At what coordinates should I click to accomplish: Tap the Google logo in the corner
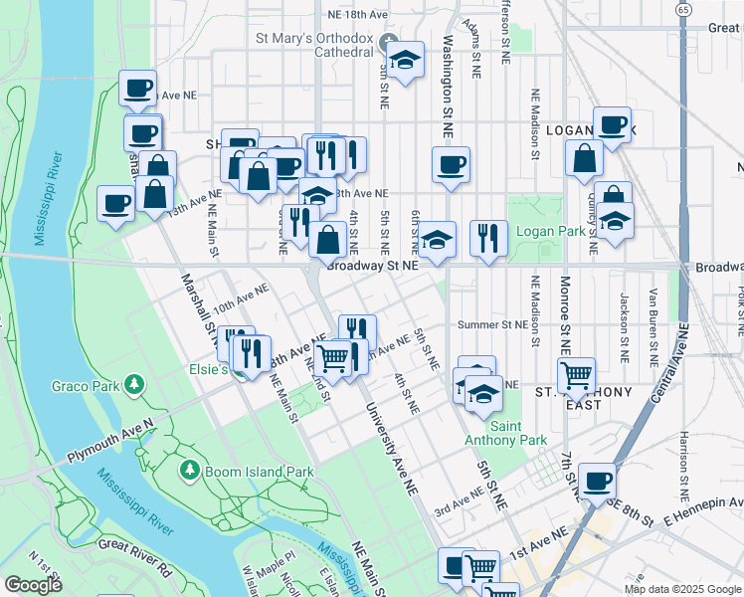(x=33, y=586)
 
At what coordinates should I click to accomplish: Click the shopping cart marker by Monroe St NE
(x=576, y=375)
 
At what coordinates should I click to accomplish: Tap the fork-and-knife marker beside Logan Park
(x=486, y=237)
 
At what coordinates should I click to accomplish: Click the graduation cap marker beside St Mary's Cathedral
(x=405, y=59)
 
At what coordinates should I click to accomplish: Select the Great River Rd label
(x=135, y=546)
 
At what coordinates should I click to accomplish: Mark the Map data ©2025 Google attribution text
(x=681, y=589)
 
